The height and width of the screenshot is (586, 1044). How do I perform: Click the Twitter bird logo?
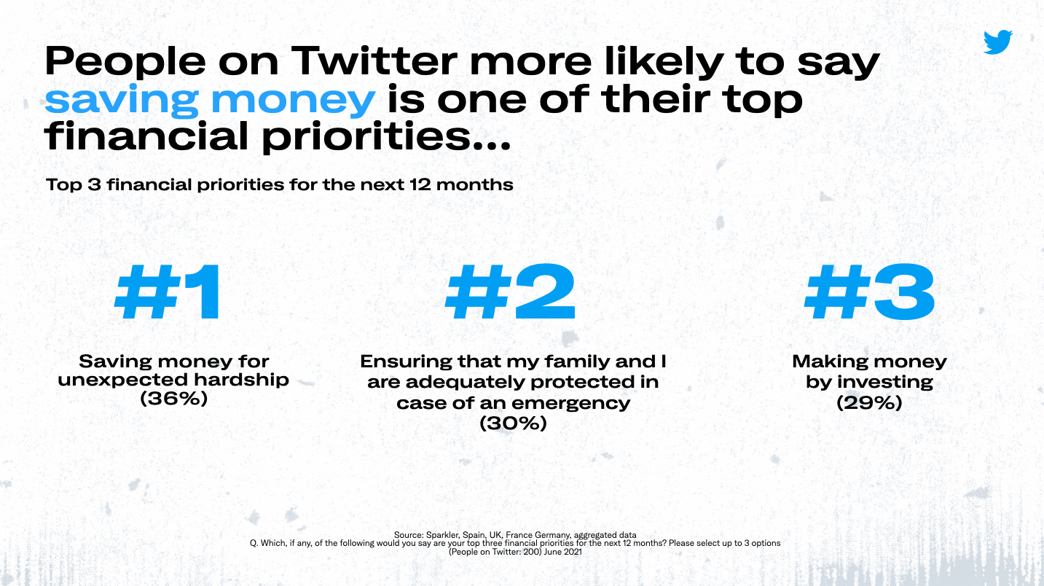997,42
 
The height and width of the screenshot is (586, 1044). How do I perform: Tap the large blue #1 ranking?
168,292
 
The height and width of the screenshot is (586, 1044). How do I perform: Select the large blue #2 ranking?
511,292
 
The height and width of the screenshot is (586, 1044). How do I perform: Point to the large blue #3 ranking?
870,292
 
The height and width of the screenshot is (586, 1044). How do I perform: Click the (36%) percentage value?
174,399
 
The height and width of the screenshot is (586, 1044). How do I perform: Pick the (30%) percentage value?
513,423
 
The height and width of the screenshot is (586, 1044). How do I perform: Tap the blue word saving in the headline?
121,101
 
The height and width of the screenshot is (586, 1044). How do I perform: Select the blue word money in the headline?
293,101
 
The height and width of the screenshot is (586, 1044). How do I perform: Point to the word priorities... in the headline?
386,137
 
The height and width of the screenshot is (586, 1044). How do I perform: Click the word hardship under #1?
241,380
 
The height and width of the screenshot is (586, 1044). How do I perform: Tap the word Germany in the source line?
553,535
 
